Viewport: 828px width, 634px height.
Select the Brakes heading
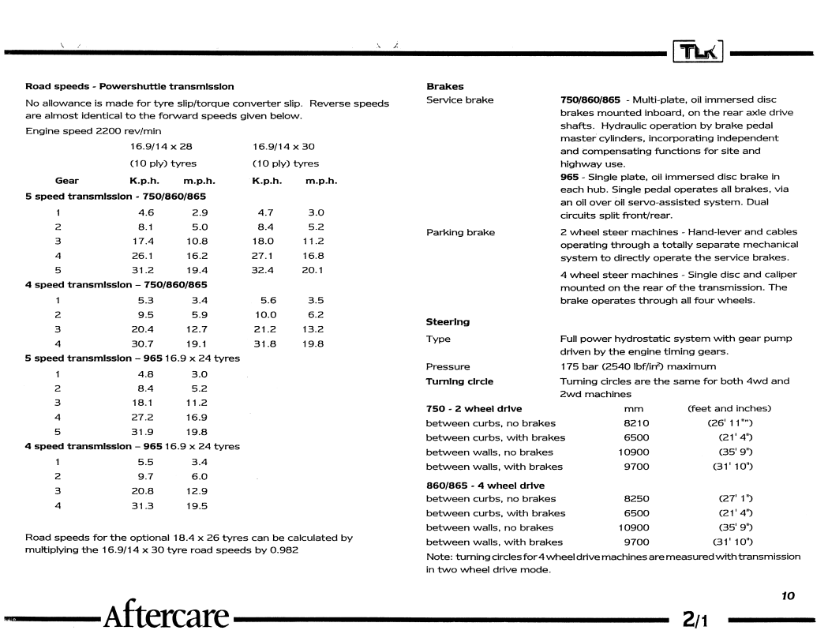coord(445,86)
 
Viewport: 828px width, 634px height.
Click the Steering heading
coord(448,321)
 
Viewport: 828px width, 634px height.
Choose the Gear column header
coord(66,180)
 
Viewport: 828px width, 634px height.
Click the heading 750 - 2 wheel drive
coord(474,408)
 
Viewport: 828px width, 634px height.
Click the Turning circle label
coord(459,381)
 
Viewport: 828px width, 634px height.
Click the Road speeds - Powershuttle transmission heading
coord(129,86)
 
